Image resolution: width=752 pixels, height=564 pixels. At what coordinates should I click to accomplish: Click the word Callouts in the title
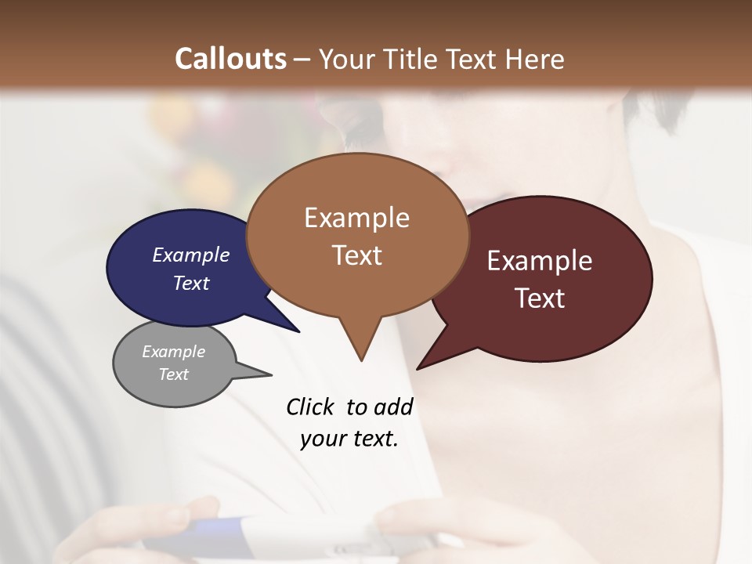[x=230, y=59]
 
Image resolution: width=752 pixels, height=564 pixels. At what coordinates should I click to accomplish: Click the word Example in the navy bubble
[x=191, y=255]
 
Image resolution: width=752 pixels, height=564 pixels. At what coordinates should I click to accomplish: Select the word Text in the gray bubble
[x=173, y=374]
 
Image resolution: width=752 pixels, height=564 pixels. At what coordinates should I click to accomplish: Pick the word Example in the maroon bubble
[x=540, y=261]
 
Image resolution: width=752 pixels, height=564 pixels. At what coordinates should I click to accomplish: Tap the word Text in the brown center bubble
[x=357, y=255]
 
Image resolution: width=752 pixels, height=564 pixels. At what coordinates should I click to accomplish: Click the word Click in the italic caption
[x=310, y=407]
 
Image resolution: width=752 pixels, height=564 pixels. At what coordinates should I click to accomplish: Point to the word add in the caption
[x=393, y=407]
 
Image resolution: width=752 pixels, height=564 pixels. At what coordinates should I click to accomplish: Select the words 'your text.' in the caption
[x=349, y=439]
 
